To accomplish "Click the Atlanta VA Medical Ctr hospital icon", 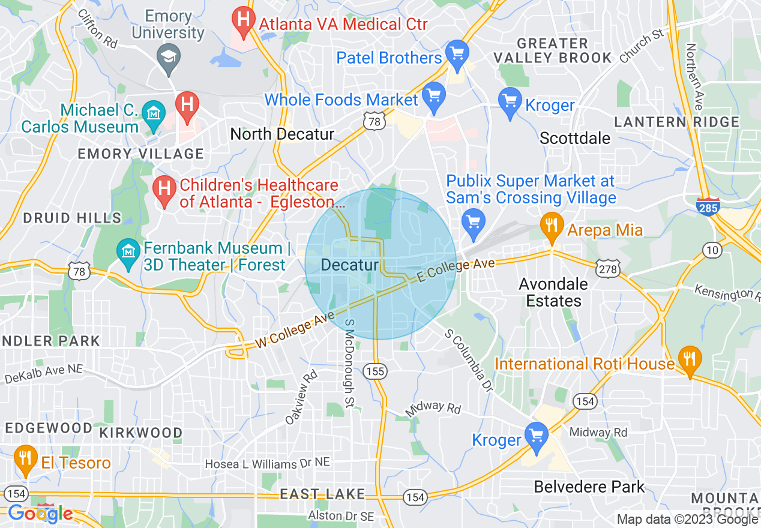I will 242,22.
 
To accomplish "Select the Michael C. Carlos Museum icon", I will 154,112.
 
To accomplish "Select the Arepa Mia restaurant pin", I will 550,226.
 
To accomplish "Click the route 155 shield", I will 374,372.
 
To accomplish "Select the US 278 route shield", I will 607,269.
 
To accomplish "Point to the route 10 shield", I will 712,249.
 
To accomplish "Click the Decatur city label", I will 350,265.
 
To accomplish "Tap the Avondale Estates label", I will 554,292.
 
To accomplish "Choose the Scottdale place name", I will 574,138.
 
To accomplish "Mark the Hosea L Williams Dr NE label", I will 268,464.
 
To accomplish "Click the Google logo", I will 40,514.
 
